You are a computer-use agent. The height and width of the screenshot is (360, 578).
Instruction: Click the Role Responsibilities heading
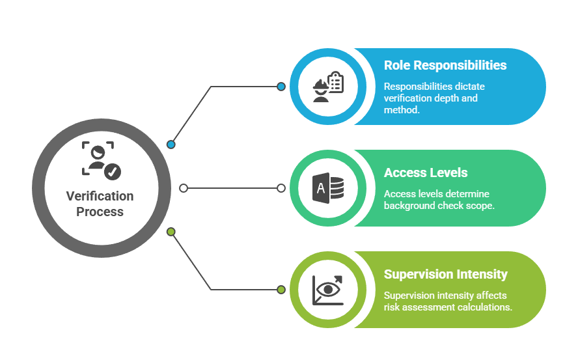(x=445, y=65)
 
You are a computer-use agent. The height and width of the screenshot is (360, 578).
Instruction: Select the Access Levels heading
(x=426, y=173)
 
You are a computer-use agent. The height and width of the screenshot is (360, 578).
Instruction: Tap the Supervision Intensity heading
(x=445, y=274)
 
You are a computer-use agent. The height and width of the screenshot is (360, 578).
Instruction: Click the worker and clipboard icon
(x=327, y=86)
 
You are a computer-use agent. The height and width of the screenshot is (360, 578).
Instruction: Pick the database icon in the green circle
(x=328, y=188)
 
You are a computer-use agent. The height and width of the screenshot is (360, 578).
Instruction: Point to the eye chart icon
(x=328, y=290)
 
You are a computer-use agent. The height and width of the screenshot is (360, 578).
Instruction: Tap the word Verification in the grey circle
(x=100, y=196)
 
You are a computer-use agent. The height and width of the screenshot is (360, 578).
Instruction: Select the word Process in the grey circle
(x=100, y=212)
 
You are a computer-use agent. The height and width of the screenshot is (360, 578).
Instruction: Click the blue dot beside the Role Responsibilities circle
(x=281, y=87)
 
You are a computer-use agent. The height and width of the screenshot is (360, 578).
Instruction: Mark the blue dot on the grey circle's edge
(x=171, y=145)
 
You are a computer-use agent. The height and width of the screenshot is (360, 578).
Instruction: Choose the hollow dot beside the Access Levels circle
(x=281, y=188)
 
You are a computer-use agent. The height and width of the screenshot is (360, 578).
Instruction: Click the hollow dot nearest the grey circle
(x=184, y=188)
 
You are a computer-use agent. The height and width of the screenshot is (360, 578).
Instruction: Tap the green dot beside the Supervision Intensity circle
(x=281, y=290)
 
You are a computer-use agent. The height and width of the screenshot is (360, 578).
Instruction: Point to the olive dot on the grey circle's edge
(x=171, y=232)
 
